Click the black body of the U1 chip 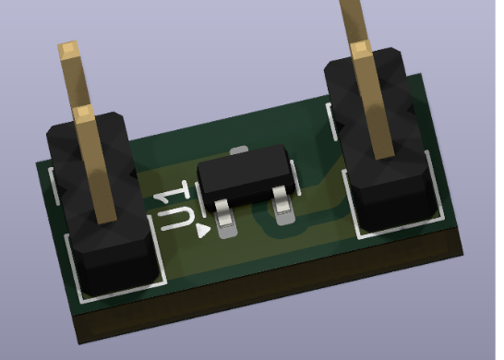point(246,175)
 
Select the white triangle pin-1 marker point(203,231)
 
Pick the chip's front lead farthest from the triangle point(283,206)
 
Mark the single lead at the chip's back point(239,150)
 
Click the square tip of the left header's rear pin point(67,49)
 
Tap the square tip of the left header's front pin point(83,113)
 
